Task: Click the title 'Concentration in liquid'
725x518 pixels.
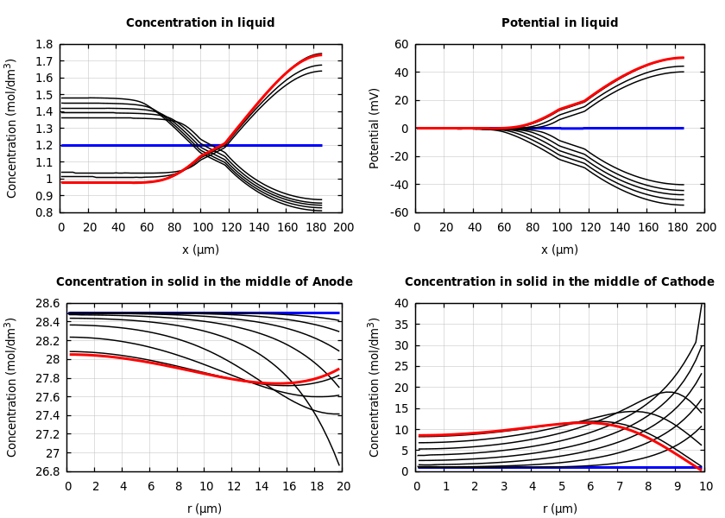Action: tap(200, 23)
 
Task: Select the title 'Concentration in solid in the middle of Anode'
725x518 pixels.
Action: tap(205, 282)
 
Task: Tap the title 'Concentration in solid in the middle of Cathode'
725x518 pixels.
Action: tap(559, 282)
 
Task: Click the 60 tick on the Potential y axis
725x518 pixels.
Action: tap(401, 44)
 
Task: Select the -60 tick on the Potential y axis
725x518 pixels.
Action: tap(399, 212)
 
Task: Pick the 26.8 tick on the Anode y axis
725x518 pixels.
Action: tap(47, 471)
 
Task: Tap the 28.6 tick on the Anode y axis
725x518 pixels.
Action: tap(47, 304)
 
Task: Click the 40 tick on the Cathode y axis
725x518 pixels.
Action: tap(401, 304)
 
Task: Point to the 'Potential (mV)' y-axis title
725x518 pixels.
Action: tap(375, 128)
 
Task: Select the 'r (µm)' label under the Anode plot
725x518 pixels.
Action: tap(205, 509)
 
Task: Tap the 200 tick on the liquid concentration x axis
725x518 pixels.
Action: tap(342, 227)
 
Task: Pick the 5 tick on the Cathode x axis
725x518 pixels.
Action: tap(561, 486)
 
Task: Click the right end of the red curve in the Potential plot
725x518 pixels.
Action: tap(683, 58)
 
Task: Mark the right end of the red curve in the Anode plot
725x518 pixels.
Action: tap(338, 369)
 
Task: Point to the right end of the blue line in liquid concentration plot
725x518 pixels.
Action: tap(321, 145)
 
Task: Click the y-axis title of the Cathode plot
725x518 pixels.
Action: tap(375, 387)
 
